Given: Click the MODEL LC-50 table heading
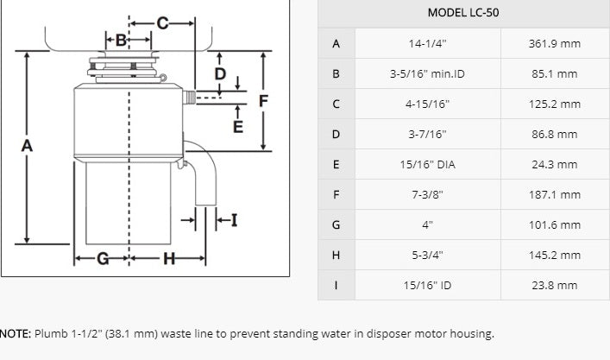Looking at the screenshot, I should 463,13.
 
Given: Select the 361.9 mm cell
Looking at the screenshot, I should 554,43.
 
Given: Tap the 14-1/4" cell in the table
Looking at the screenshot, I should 428,43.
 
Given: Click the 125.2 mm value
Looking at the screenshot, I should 554,104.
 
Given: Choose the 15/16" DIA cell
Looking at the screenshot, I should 428,164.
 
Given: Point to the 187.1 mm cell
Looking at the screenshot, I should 554,194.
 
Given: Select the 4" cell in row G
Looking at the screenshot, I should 428,224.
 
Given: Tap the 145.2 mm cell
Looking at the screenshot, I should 554,255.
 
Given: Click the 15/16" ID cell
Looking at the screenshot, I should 428,285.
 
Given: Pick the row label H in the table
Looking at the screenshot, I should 336,255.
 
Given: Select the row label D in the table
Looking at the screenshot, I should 336,134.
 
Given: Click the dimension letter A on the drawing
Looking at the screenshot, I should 27,146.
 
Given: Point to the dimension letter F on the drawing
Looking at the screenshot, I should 264,101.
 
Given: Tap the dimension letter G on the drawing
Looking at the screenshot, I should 102,258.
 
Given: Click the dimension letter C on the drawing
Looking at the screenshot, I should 162,22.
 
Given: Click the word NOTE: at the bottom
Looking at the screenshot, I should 15,333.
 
